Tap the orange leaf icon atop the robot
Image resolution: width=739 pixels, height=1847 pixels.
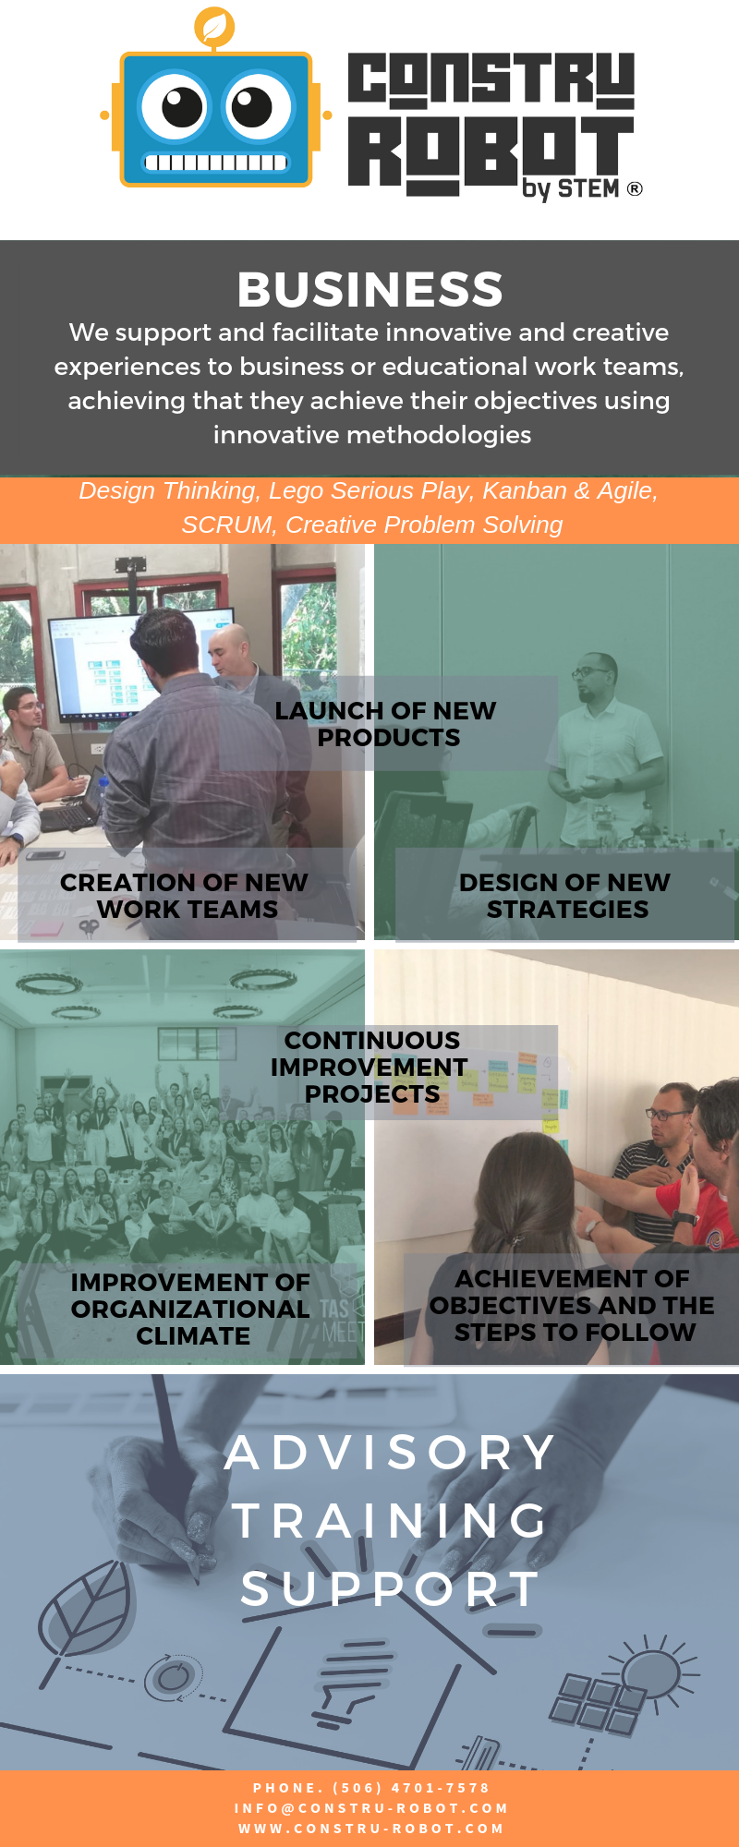click(x=214, y=27)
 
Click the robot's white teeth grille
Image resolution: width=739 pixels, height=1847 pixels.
click(x=215, y=163)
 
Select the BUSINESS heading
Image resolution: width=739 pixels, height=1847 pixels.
click(x=369, y=289)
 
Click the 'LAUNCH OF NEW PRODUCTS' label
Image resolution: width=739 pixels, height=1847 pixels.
click(x=386, y=724)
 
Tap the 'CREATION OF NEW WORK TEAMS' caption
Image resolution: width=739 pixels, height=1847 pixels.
click(x=185, y=896)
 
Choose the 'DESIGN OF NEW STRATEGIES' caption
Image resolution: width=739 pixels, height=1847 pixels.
click(x=565, y=896)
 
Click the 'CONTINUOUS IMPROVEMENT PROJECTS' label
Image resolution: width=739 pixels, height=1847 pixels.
click(x=370, y=1067)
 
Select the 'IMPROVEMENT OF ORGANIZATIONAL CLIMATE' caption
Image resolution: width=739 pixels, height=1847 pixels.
click(x=191, y=1309)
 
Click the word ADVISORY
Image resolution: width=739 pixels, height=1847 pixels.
click(x=389, y=1453)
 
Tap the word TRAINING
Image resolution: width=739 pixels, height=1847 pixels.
click(x=390, y=1521)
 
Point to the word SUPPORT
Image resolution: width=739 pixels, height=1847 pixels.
click(x=390, y=1589)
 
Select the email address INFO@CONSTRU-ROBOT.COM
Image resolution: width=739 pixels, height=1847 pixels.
click(x=371, y=1808)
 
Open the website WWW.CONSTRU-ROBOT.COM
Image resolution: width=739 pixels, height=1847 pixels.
click(x=371, y=1829)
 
